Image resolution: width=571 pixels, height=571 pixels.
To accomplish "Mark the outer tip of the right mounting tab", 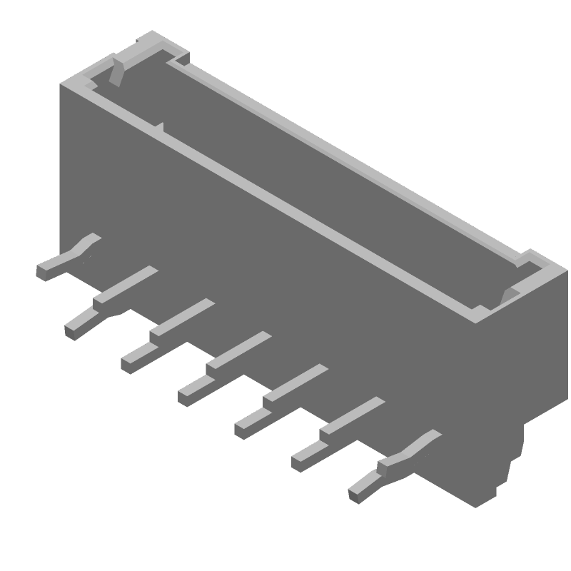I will coord(355,493).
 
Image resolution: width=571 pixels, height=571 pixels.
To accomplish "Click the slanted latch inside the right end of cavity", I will coord(508,295).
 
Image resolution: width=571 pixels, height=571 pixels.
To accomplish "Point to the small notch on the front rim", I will coord(158,128).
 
